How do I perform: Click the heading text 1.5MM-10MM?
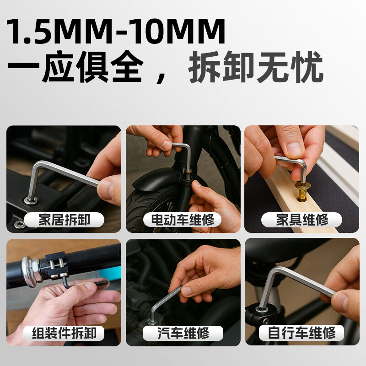click(x=116, y=32)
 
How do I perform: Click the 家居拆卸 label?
click(x=64, y=220)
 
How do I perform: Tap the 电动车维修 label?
click(x=183, y=220)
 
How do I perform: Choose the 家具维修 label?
click(x=302, y=220)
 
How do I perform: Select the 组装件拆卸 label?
click(x=64, y=333)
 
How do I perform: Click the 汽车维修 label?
click(x=183, y=333)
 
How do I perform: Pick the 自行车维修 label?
click(x=302, y=333)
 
